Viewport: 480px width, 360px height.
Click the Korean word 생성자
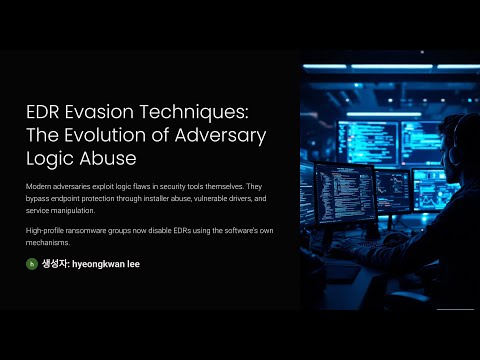55,264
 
